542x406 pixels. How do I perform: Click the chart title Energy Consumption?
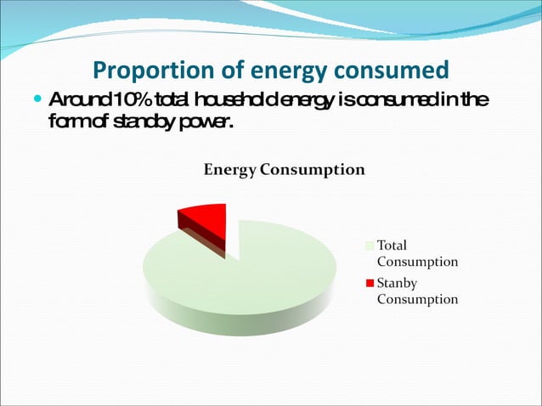284,169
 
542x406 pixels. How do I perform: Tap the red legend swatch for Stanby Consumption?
370,283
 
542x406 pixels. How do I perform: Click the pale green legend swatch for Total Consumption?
370,245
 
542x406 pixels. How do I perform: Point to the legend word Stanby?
397,283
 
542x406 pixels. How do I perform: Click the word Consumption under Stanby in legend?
417,299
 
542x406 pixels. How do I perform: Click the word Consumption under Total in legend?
417,262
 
